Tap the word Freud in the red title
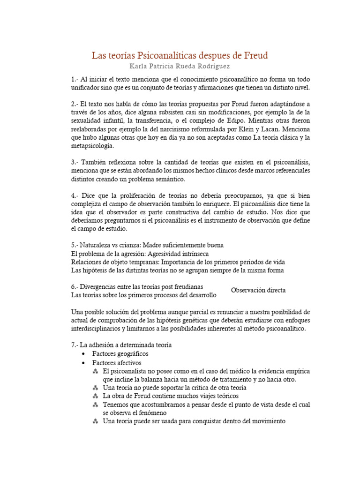point(256,56)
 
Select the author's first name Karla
point(140,67)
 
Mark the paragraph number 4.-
point(75,195)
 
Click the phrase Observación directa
point(258,290)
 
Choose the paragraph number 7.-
point(75,345)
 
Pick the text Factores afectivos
point(117,363)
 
